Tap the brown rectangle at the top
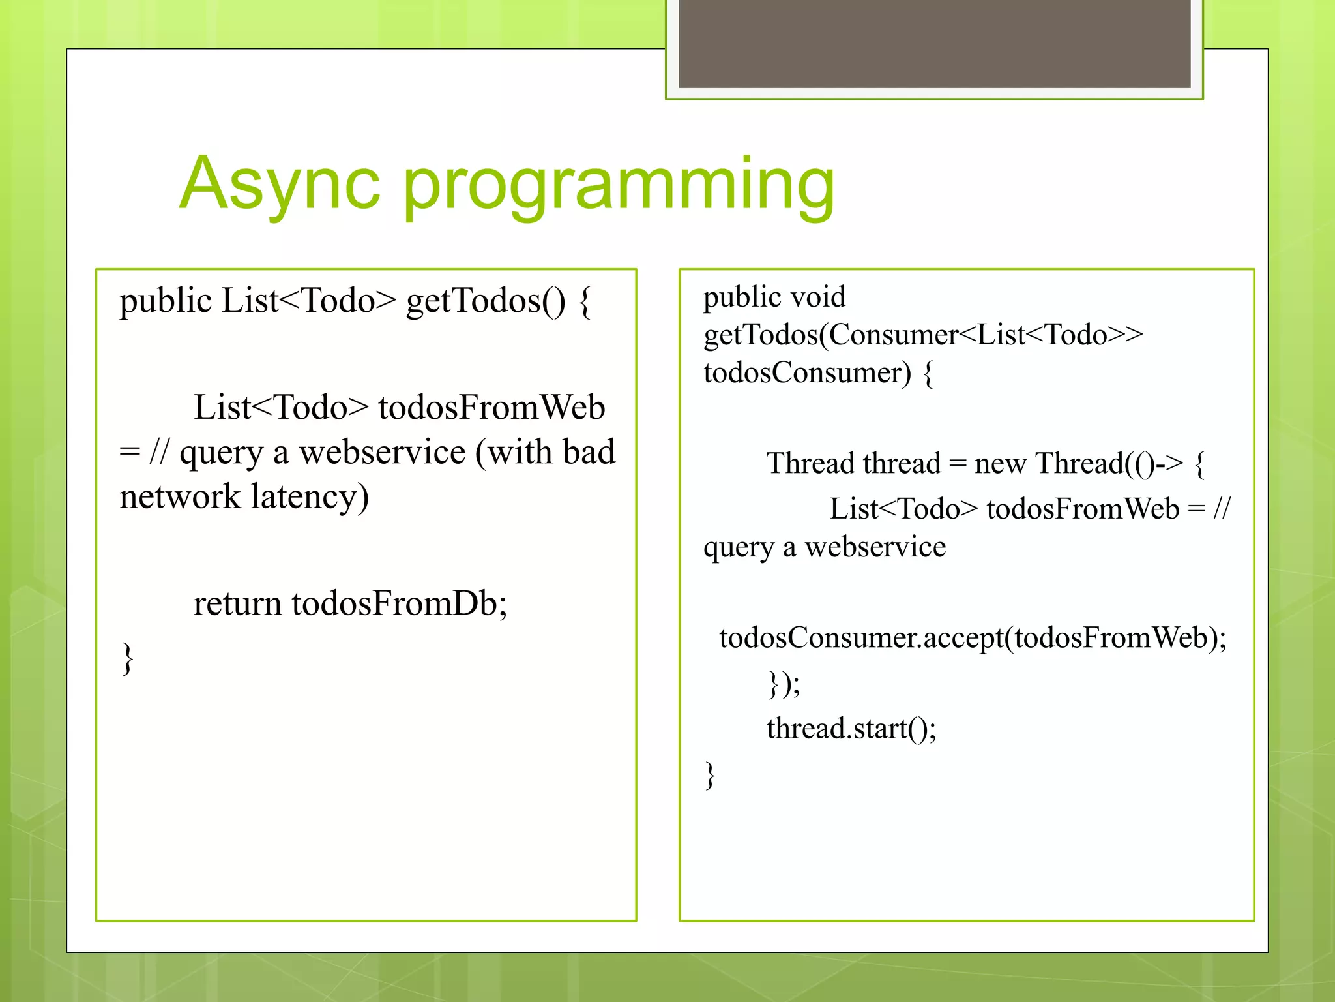click(934, 43)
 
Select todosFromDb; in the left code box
click(399, 603)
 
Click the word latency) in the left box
click(310, 497)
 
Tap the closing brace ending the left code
click(128, 659)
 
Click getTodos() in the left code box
click(486, 301)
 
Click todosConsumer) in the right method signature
click(807, 373)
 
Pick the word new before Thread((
click(1000, 464)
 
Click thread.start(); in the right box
click(851, 729)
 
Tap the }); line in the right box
click(783, 684)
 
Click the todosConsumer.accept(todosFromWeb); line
click(973, 638)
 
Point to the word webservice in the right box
click(875, 547)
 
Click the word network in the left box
click(180, 497)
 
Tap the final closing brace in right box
click(710, 776)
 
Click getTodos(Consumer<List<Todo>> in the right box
click(922, 335)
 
